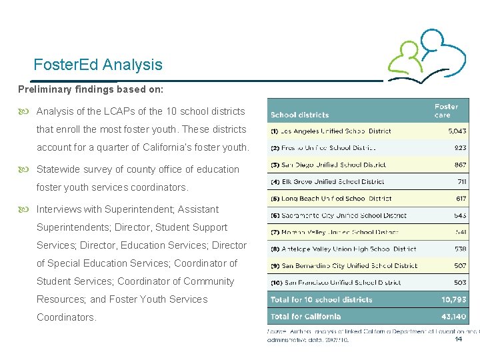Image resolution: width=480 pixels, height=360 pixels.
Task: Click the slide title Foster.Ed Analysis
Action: pos(98,65)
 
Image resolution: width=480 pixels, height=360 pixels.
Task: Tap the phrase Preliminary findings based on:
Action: pos(90,88)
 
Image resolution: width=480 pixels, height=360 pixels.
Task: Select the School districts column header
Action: pos(299,115)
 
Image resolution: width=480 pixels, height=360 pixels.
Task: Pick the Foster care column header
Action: pos(446,111)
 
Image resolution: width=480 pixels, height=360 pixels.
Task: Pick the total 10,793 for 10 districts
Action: pos(453,300)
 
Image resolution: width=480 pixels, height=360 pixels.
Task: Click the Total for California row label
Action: pos(305,317)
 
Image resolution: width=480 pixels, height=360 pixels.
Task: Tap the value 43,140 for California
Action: pos(453,317)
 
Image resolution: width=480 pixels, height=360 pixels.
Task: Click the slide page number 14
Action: pos(458,339)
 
